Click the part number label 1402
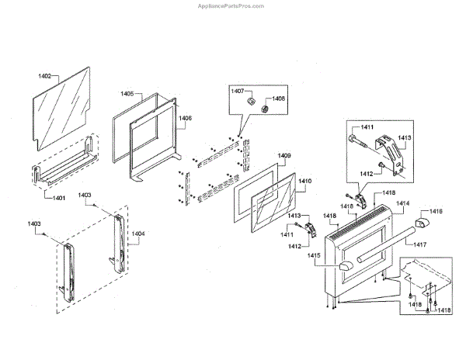click(x=44, y=76)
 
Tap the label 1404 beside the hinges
click(x=137, y=232)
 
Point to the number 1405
click(x=127, y=94)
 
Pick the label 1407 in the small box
click(x=237, y=91)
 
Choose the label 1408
click(x=278, y=99)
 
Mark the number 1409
click(x=284, y=156)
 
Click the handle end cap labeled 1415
click(x=344, y=268)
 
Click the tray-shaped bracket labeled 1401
click(x=66, y=168)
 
